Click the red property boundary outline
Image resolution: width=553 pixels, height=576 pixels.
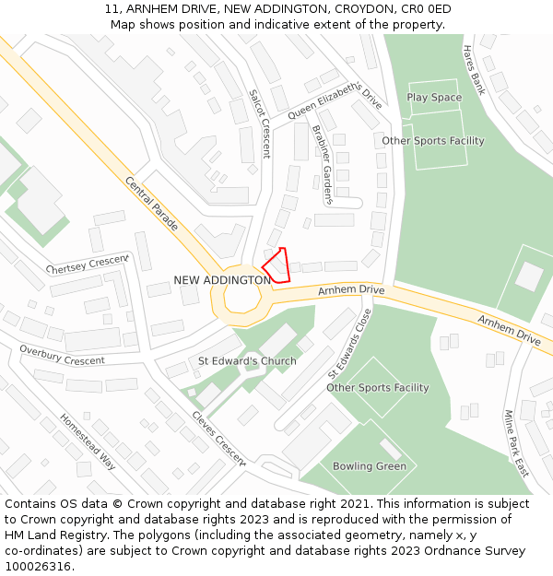277,265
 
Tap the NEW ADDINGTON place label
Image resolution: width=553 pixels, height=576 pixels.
222,280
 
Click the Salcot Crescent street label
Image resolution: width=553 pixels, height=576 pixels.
259,123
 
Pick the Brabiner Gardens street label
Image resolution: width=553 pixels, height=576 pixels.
321,164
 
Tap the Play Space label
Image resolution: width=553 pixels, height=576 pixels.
434,98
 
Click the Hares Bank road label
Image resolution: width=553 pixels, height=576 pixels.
474,70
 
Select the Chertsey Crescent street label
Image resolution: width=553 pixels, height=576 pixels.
88,264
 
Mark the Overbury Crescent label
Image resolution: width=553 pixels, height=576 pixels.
62,355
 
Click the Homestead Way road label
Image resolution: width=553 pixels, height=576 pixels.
88,441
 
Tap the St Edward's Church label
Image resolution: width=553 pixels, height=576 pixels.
248,361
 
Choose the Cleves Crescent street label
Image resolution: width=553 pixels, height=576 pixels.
219,437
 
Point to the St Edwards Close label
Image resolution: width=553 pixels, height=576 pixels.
350,344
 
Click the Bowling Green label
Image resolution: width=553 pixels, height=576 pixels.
370,466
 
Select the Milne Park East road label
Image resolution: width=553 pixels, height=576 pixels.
515,443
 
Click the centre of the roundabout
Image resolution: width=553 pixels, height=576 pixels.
242,300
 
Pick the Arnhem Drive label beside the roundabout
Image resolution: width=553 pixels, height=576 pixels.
351,290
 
